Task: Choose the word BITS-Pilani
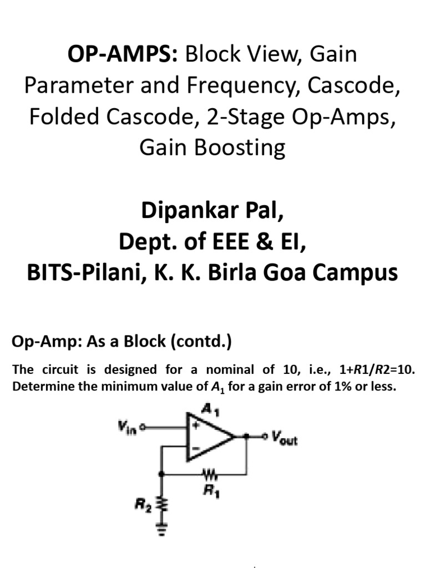(x=78, y=273)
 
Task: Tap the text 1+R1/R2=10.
(x=367, y=369)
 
